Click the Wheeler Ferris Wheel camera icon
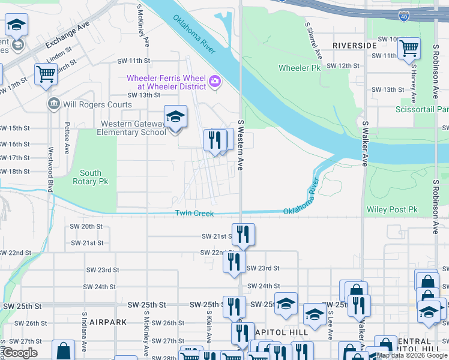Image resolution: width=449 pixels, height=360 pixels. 214,81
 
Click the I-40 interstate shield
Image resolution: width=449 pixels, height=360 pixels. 404,12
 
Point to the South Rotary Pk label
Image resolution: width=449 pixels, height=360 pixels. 90,177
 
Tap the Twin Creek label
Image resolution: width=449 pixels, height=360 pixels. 194,214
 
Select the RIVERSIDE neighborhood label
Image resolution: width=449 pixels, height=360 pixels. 354,46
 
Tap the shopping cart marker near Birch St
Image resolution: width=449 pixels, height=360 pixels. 46,74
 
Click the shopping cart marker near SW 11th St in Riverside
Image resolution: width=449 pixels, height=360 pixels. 409,49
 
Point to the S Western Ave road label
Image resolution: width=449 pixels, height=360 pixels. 240,145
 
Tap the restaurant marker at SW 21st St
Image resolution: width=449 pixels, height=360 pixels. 243,234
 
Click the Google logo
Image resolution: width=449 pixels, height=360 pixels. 20,353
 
